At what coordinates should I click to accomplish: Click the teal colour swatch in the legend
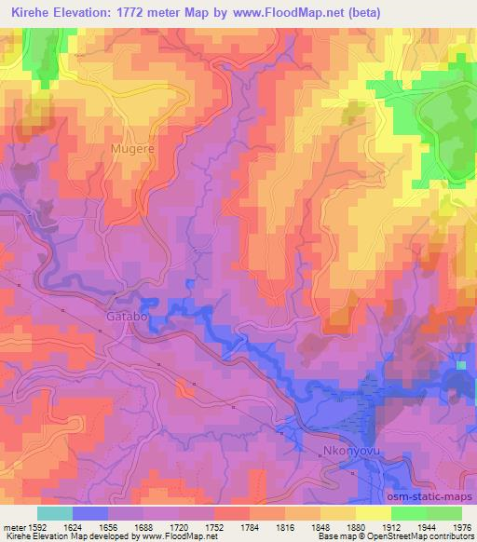(x=54, y=513)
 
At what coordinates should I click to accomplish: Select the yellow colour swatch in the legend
(x=374, y=513)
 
